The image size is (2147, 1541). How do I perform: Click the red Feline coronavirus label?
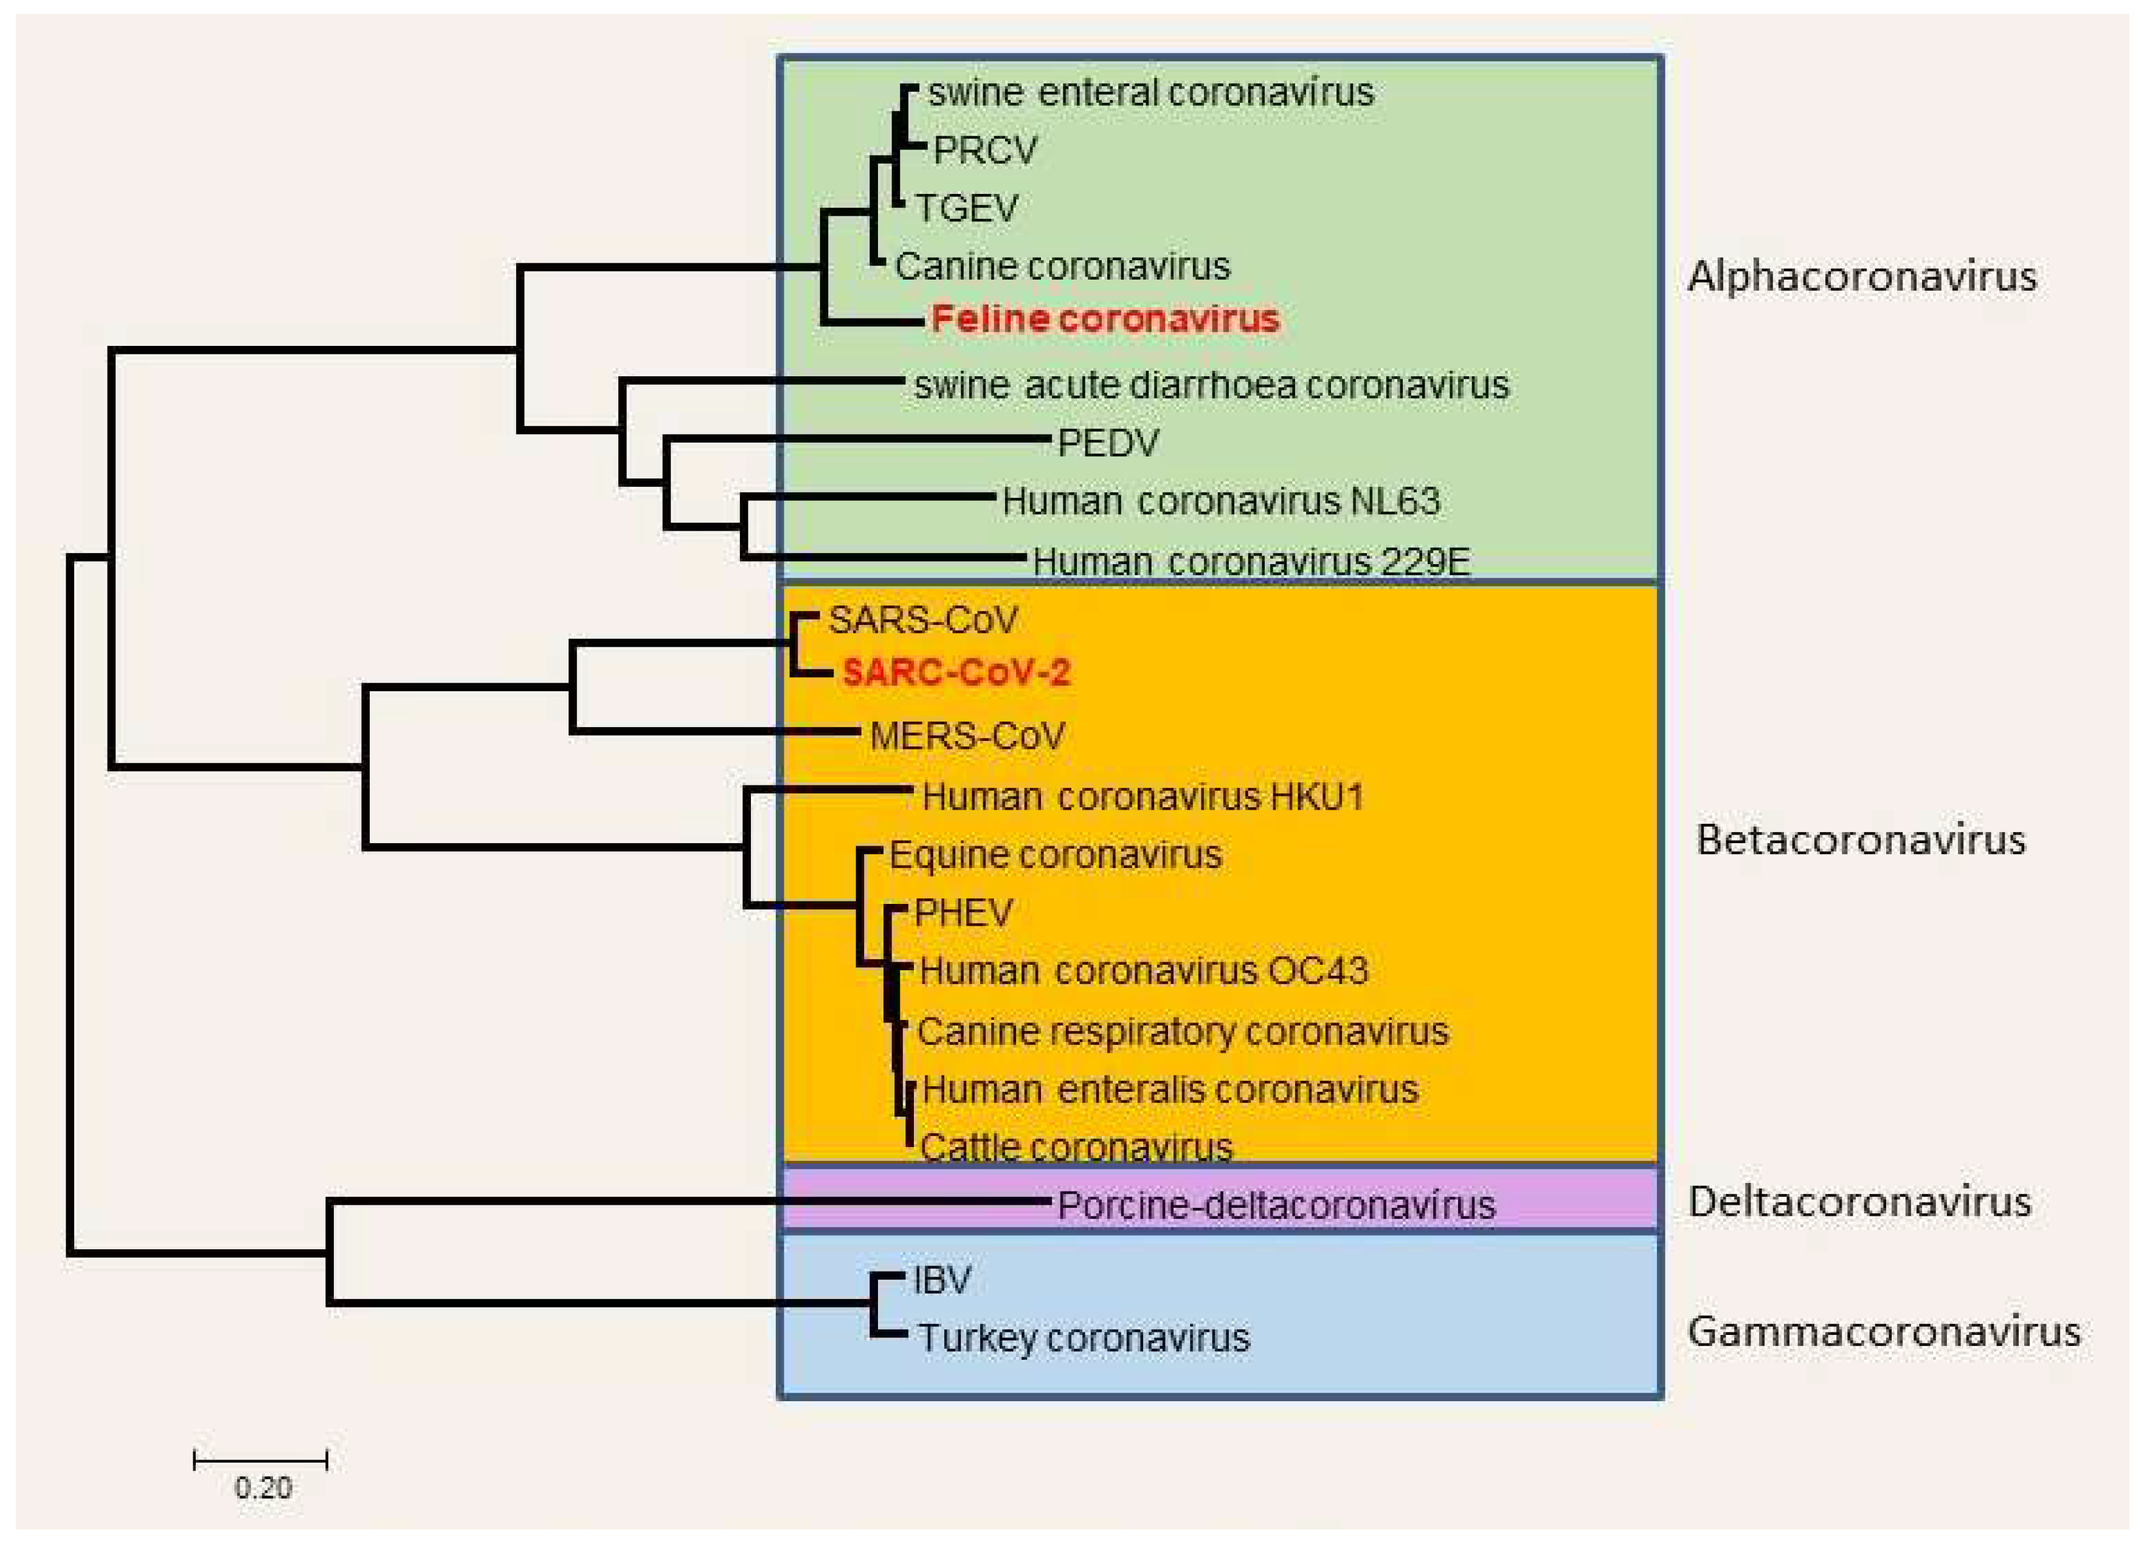pos(1105,319)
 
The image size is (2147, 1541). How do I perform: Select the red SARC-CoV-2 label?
pos(956,672)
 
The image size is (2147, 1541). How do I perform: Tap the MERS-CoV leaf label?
pos(967,736)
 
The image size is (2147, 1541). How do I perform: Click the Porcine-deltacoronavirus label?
pos(1275,1205)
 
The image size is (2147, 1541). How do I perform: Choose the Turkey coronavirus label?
pos(1084,1339)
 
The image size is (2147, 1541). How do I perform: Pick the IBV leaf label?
pos(942,1280)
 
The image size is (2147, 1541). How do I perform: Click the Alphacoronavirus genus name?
pos(1861,277)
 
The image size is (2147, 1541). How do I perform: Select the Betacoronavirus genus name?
pos(1860,839)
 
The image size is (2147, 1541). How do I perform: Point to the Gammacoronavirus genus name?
pos(1883,1332)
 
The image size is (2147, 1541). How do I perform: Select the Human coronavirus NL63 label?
pos(1220,501)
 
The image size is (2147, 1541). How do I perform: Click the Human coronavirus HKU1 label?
pos(1143,797)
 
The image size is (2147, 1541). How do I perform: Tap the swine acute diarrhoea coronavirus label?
pos(1211,385)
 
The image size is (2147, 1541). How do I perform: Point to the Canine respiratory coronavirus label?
pos(1183,1031)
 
